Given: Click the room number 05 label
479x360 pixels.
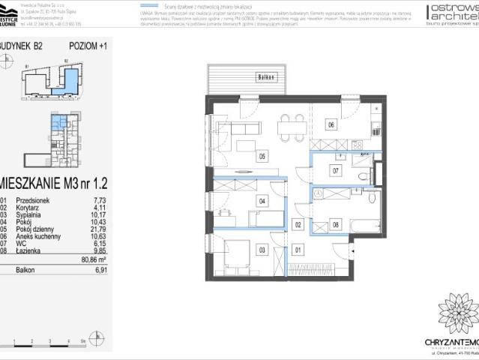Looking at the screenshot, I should click(262, 157).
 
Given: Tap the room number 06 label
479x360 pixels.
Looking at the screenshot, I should click(331, 125).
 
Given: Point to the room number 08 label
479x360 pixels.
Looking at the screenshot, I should click(336, 223).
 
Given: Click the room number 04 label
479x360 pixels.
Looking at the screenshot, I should click(262, 201).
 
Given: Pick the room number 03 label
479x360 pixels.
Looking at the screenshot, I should click(262, 250).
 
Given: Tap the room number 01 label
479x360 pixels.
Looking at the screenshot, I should click(298, 250).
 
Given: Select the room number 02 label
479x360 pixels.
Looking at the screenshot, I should click(298, 224).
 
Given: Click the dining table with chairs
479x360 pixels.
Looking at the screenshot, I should click(290, 128).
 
